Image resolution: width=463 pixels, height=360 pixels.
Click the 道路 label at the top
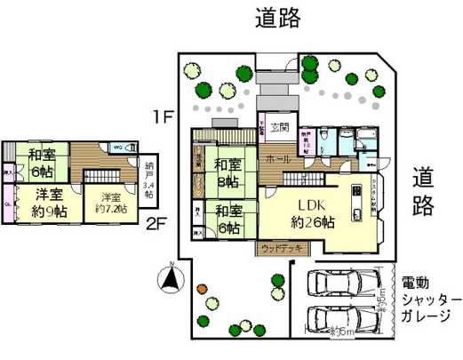pyautogui.click(x=277, y=17)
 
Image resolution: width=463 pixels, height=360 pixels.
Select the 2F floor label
pyautogui.click(x=156, y=222)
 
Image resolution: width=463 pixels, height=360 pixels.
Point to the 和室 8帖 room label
pyautogui.click(x=226, y=172)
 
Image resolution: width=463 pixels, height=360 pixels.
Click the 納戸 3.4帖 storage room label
pyautogui.click(x=148, y=180)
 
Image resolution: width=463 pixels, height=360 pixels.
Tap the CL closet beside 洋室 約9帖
pyautogui.click(x=9, y=204)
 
